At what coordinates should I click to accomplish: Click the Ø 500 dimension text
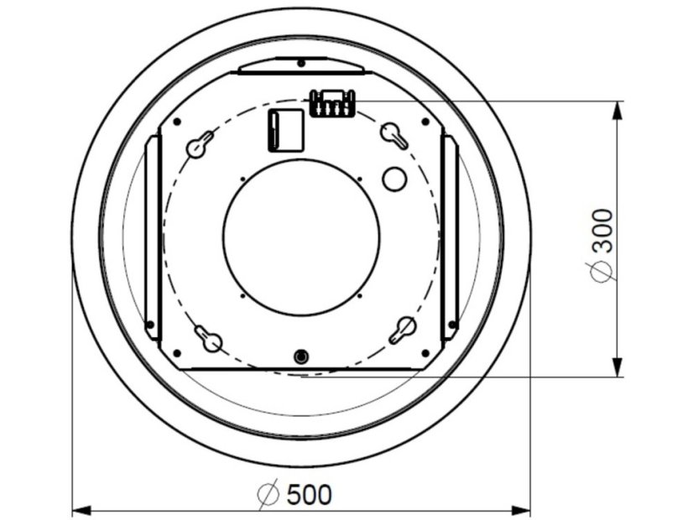[294, 495]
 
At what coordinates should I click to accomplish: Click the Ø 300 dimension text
[602, 244]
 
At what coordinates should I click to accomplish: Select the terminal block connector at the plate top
[332, 104]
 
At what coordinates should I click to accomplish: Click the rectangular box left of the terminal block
[284, 130]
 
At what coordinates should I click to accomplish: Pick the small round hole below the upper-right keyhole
[393, 178]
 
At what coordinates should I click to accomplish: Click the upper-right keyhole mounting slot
[394, 136]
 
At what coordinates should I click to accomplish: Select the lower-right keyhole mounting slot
[402, 330]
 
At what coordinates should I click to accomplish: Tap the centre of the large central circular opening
[301, 237]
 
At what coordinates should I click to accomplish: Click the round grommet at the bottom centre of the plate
[300, 356]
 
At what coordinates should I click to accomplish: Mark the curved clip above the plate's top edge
[300, 65]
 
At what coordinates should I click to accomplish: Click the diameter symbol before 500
[268, 495]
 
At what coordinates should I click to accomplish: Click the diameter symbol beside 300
[602, 271]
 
